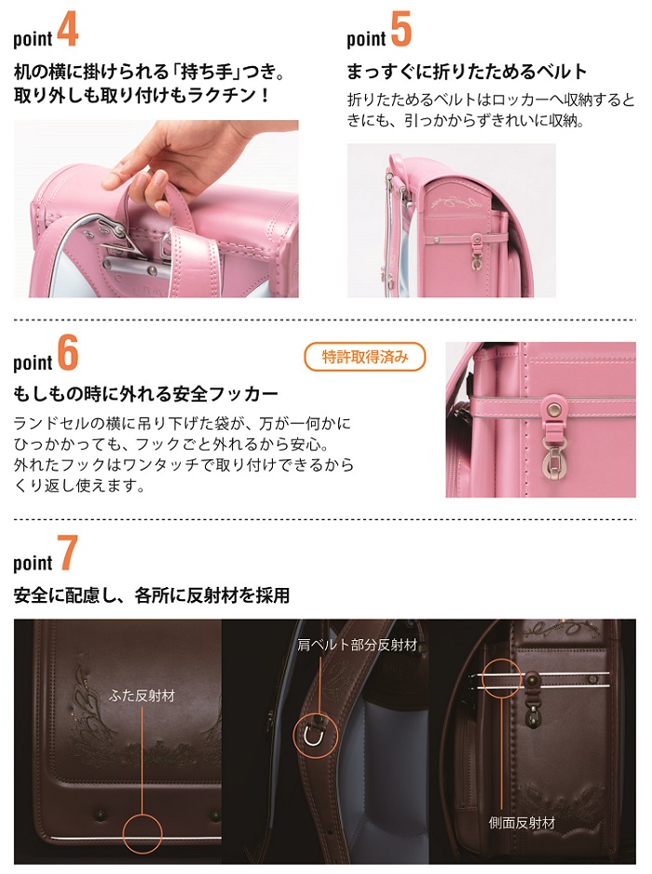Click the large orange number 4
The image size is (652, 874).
tap(67, 29)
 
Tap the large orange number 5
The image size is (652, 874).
tap(401, 29)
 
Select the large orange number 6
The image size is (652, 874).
tap(67, 353)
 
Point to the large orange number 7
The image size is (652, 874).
tap(67, 553)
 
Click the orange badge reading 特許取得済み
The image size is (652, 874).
tap(365, 357)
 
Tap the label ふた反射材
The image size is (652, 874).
tap(142, 696)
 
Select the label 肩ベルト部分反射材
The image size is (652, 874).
tap(358, 646)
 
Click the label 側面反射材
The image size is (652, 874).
tap(522, 823)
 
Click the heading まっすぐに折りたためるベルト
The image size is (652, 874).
tap(467, 72)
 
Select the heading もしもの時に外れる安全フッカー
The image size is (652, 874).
tap(145, 394)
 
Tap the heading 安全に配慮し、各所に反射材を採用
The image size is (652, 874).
tap(152, 595)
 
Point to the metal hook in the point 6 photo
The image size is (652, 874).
tap(554, 456)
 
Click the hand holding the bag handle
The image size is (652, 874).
tap(167, 158)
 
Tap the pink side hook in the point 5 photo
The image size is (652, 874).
tap(477, 252)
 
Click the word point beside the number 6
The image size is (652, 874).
tap(33, 362)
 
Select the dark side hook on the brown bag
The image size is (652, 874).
tap(534, 698)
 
